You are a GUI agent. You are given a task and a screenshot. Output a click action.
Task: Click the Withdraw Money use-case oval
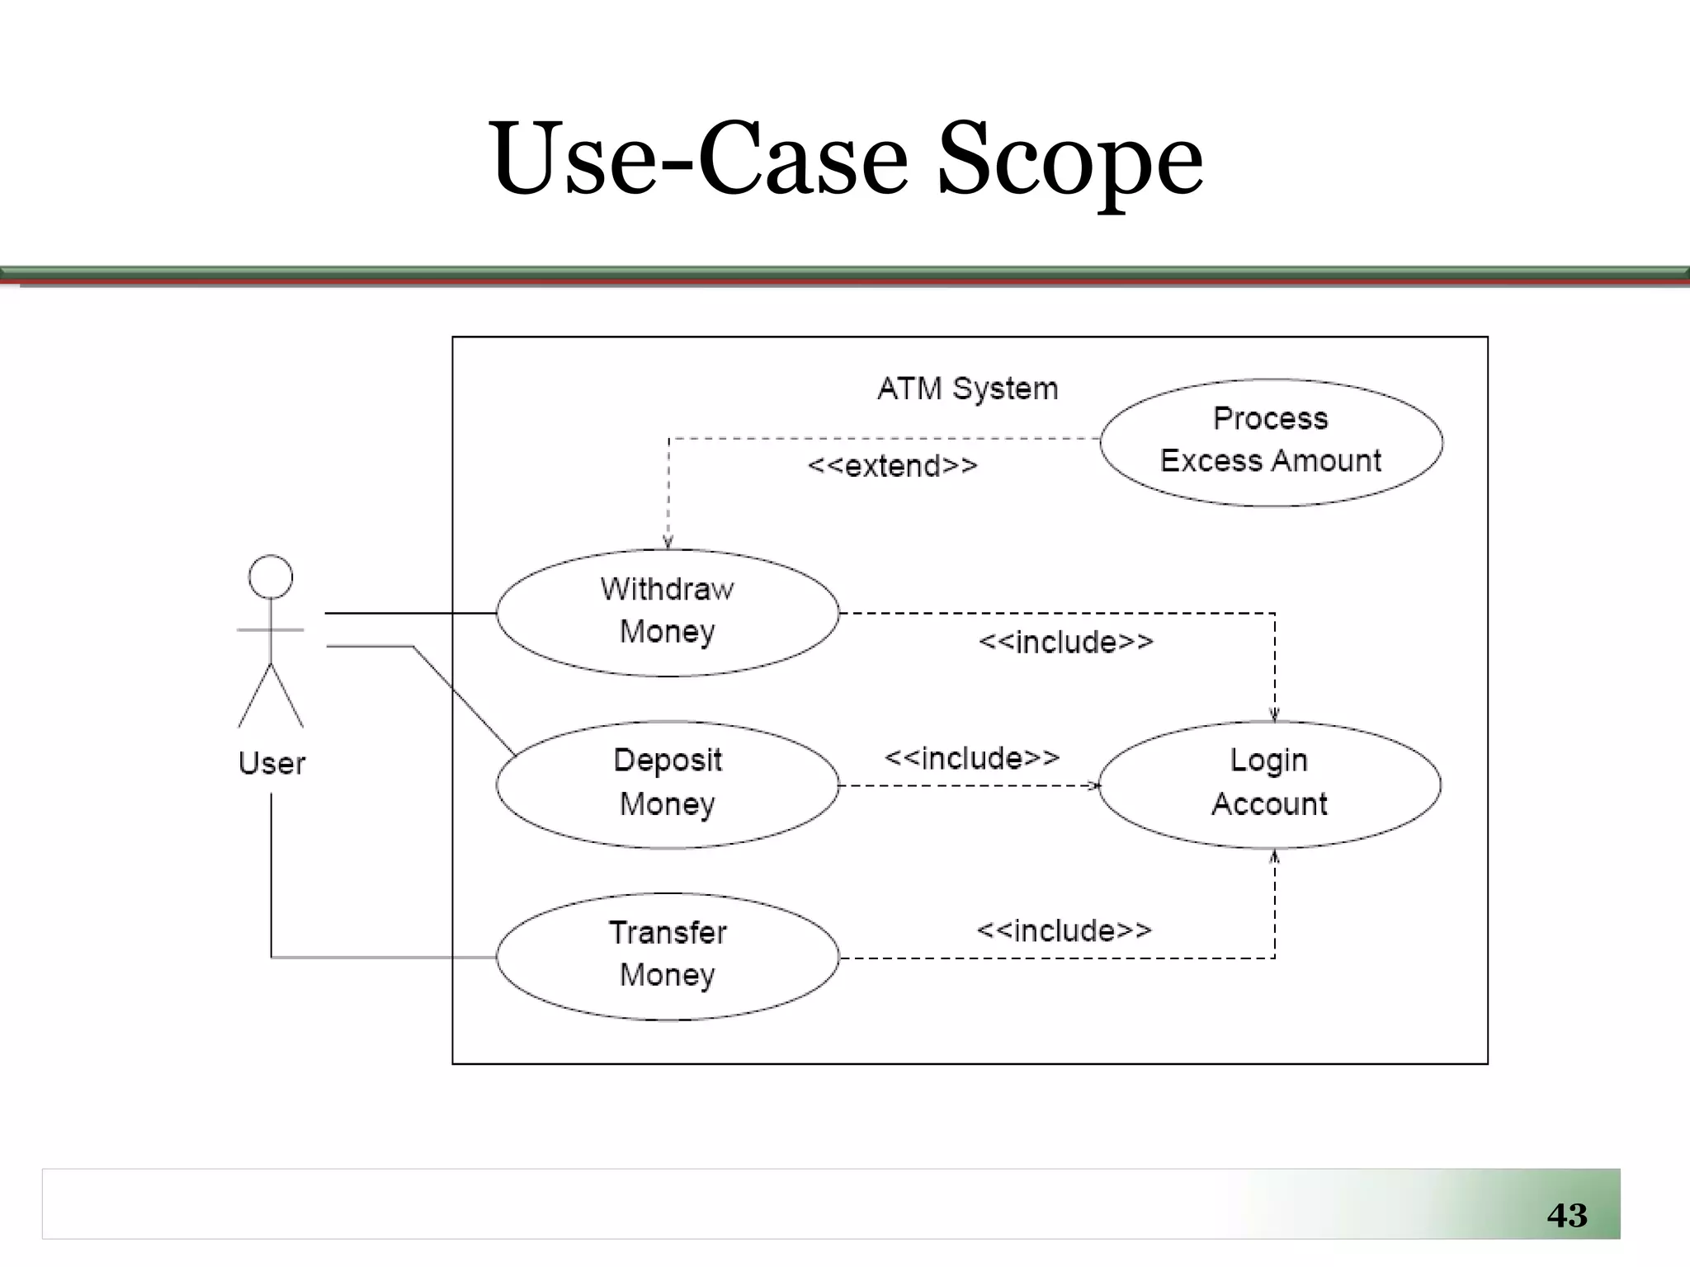point(667,612)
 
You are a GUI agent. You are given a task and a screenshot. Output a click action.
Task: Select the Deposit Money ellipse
point(667,784)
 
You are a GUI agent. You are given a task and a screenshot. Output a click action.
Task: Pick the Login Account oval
point(1269,784)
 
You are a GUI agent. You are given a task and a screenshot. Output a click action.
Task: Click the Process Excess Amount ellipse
point(1271,440)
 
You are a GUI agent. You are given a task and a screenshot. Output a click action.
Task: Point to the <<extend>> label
point(892,466)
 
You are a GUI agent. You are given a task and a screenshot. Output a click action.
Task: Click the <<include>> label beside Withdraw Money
point(1065,642)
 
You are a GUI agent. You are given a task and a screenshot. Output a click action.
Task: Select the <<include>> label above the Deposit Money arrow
point(971,757)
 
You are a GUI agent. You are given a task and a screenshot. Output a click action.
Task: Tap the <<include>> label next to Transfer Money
point(1064,930)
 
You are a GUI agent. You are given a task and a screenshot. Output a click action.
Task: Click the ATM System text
point(967,389)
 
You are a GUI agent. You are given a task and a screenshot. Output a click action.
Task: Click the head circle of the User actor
point(271,577)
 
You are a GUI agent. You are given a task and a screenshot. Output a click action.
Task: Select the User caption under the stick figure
point(271,763)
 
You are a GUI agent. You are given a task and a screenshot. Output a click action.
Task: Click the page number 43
point(1566,1215)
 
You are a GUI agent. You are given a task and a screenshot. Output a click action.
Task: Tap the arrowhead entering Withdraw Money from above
point(668,543)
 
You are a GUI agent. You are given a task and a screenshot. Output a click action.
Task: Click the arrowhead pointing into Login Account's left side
point(1094,785)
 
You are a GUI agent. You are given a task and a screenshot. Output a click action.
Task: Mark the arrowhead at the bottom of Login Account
point(1274,857)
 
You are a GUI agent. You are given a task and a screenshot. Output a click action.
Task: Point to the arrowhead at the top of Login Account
point(1274,715)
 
